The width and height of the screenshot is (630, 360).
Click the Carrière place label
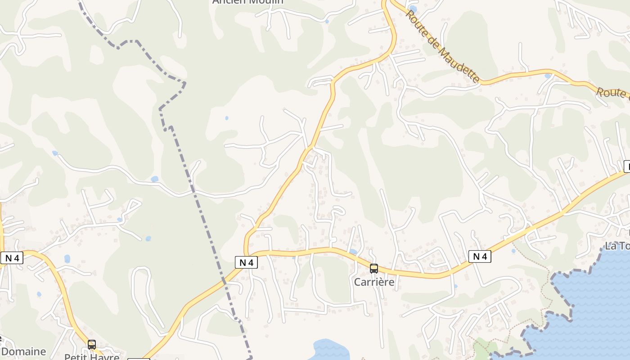click(x=374, y=282)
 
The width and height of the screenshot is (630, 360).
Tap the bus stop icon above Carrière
click(x=373, y=269)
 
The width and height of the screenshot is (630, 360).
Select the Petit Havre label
click(x=92, y=357)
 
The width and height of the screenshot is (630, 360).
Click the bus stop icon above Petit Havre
click(x=92, y=345)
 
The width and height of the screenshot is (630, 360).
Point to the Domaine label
click(x=23, y=351)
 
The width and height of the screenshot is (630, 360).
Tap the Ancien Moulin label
click(x=248, y=1)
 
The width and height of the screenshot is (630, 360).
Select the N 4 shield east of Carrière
click(x=480, y=256)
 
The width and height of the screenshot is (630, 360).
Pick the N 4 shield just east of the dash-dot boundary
click(x=246, y=262)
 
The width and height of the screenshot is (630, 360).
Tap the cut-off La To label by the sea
click(x=617, y=246)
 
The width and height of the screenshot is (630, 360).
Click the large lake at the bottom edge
click(x=331, y=350)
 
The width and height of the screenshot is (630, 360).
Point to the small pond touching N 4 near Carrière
click(x=353, y=252)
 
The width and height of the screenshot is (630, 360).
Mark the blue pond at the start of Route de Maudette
click(x=413, y=9)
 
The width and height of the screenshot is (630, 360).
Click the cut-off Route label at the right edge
click(x=612, y=92)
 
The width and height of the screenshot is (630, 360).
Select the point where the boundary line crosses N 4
click(x=224, y=281)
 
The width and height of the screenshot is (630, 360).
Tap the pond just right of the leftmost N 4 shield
click(x=67, y=259)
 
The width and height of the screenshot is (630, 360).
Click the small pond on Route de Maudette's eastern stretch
click(x=547, y=76)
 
